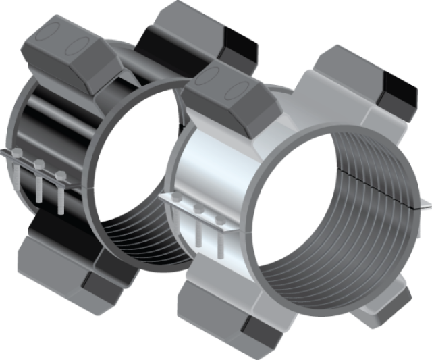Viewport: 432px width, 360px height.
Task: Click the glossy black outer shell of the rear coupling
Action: pyautogui.click(x=40, y=122)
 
